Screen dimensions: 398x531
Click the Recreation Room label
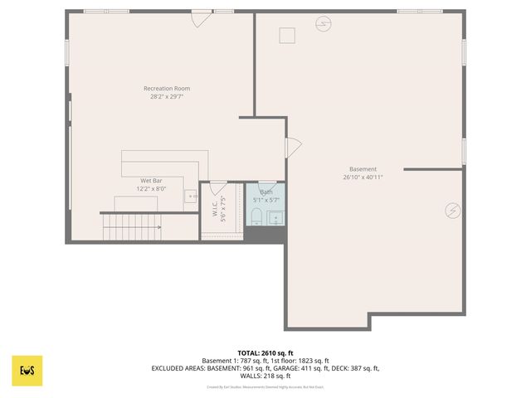167,89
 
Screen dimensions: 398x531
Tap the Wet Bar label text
151,180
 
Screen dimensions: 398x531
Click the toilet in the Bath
256,217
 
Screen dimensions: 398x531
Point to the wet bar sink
191,197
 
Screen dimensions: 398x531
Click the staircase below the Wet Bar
132,226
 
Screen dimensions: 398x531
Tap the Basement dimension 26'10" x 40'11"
363,177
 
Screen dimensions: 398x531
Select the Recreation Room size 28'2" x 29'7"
167,97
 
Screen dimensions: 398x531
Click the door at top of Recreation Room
202,17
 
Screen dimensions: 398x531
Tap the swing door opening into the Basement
293,147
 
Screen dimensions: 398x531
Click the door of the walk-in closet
218,187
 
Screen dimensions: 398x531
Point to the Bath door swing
267,187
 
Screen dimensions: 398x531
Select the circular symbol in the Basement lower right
452,211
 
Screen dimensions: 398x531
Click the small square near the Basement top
287,35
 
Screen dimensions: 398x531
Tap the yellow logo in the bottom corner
27,371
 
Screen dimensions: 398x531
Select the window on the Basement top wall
407,12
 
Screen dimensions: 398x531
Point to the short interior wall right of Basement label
433,168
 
